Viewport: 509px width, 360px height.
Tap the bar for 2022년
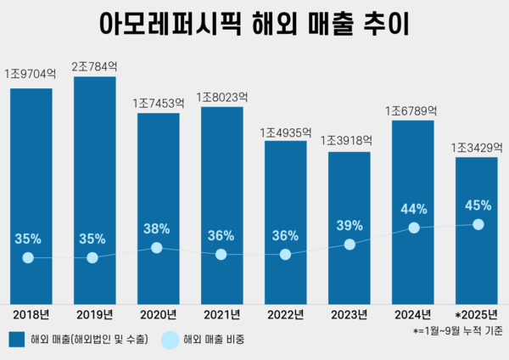point(285,221)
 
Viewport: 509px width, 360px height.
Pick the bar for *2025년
point(477,229)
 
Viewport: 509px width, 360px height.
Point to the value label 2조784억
point(94,64)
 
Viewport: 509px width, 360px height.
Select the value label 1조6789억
point(412,110)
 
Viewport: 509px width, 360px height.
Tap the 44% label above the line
point(413,208)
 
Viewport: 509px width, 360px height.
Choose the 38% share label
point(157,228)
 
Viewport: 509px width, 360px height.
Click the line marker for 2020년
point(157,248)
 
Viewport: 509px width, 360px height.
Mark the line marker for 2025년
point(478,224)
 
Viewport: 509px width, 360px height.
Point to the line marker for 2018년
point(29,257)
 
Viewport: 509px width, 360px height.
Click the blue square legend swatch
point(16,340)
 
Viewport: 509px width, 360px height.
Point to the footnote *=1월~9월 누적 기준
point(458,329)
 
